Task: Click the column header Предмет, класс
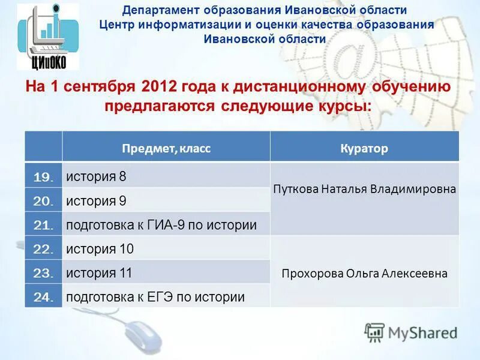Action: [166, 148]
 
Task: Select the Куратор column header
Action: [364, 148]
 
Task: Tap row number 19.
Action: [43, 177]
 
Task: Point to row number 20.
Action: [43, 201]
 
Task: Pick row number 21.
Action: [43, 225]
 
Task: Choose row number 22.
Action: [43, 249]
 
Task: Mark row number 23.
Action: [43, 273]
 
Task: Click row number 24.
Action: [43, 296]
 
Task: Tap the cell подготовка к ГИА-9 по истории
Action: [161, 225]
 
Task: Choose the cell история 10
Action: [100, 249]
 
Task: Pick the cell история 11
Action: [99, 273]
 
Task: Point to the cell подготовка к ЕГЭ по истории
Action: [155, 296]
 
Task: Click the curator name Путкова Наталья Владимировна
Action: [364, 189]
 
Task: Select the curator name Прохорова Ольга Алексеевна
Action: [364, 274]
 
